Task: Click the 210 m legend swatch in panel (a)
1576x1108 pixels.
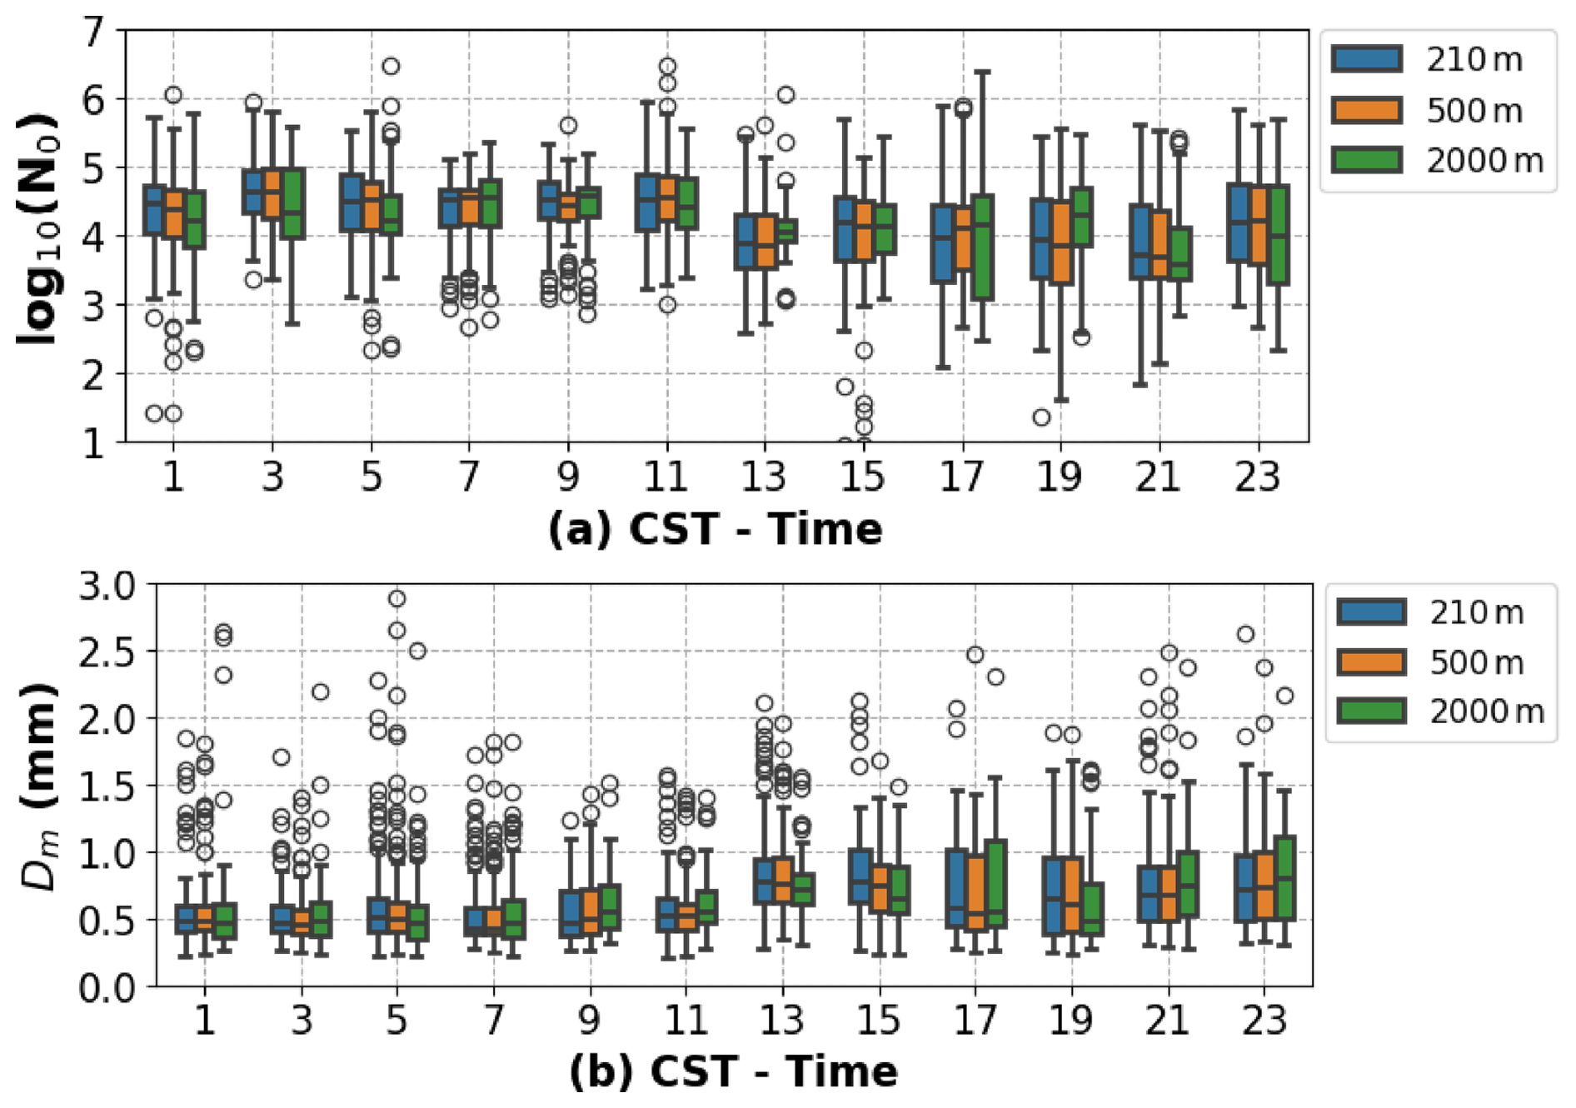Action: pos(1366,59)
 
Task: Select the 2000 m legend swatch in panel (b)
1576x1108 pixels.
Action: pos(1371,711)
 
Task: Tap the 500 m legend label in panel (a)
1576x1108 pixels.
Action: pos(1474,110)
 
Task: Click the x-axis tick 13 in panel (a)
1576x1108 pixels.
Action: pos(764,476)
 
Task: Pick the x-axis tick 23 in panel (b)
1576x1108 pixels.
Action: pos(1264,1020)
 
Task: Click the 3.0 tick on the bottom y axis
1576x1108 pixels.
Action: pos(107,585)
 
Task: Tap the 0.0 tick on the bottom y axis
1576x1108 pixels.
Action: pos(107,987)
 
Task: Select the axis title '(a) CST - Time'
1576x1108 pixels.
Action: pos(715,529)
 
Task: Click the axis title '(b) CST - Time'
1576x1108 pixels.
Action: pos(733,1071)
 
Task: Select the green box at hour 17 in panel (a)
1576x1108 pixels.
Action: pos(982,247)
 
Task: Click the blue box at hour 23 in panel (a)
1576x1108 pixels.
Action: pos(1238,223)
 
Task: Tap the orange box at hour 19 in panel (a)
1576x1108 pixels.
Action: pos(1060,242)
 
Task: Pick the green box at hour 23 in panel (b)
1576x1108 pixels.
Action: pos(1284,878)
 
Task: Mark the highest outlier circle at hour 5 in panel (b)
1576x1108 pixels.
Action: pos(397,598)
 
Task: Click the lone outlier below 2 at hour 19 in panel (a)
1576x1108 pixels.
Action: pos(1041,417)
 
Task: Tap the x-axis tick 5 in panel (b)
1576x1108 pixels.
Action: pos(396,1020)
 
